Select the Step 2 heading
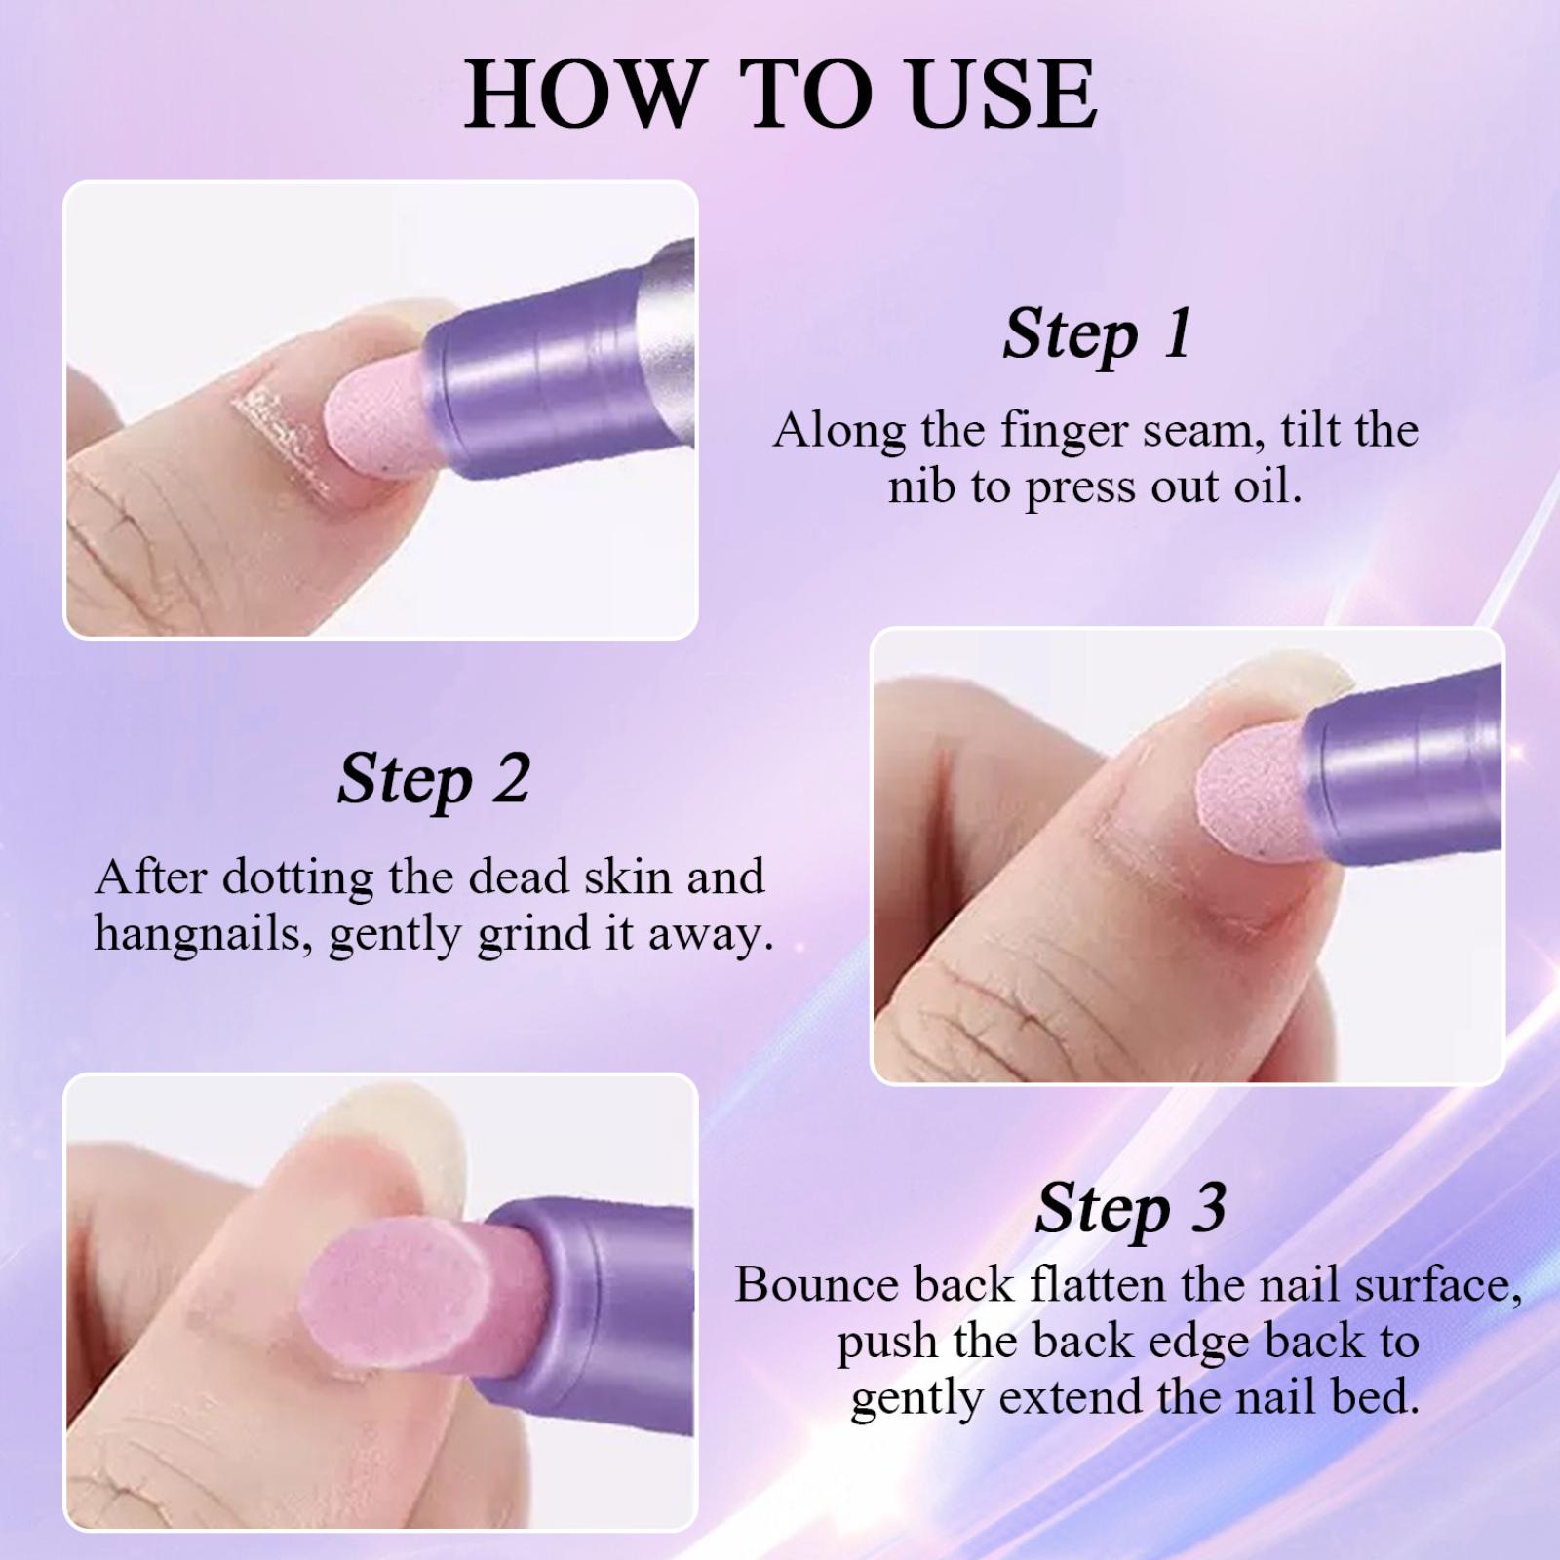[x=434, y=780]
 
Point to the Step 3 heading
[x=1130, y=1209]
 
